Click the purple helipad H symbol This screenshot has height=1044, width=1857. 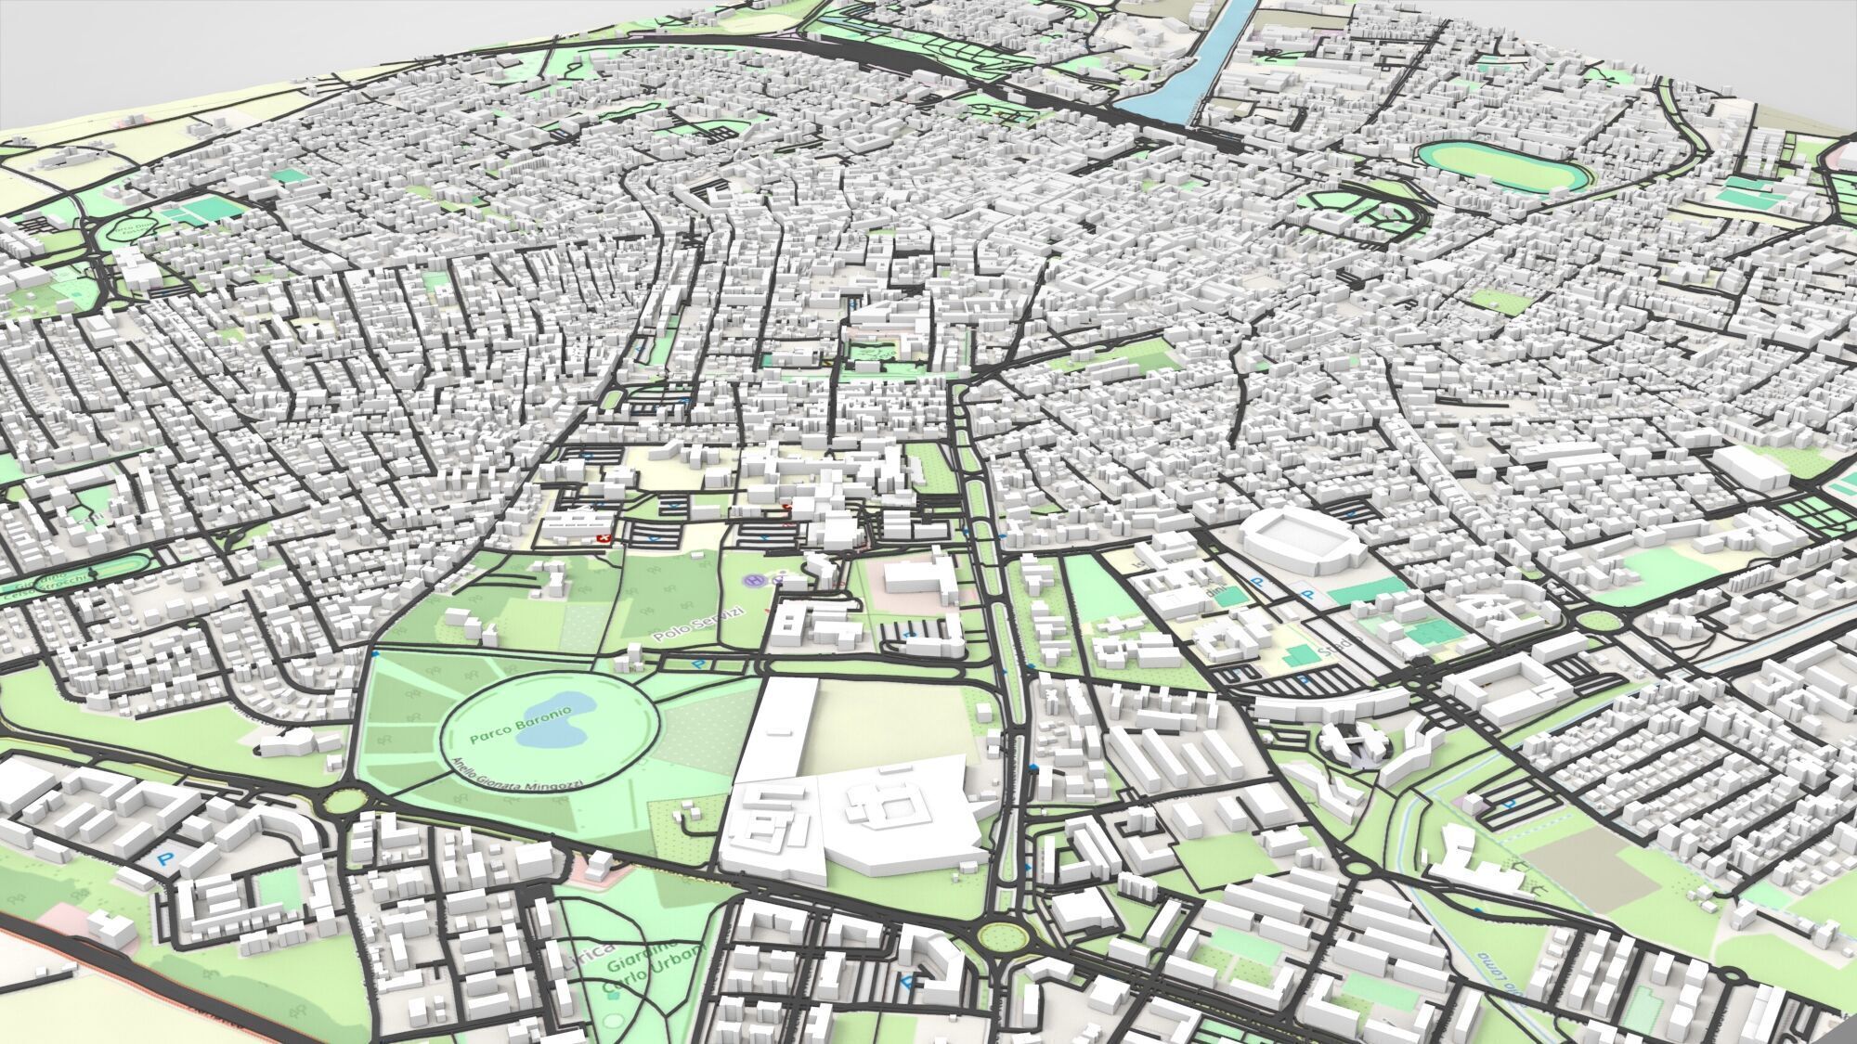[x=755, y=580]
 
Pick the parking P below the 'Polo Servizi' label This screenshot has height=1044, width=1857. [x=698, y=664]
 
